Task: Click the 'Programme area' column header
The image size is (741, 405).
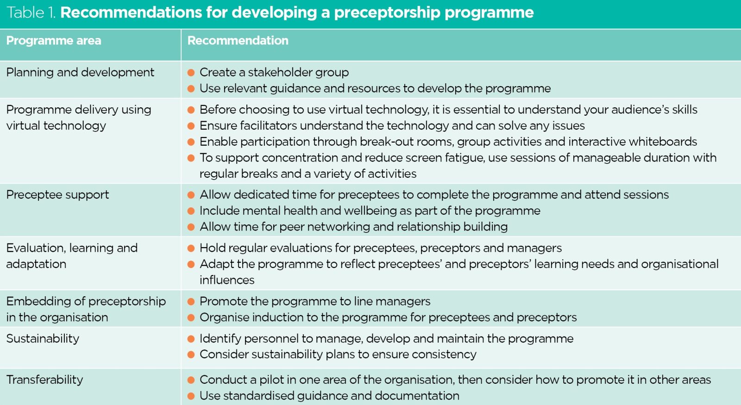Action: (x=54, y=41)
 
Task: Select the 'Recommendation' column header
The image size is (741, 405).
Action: (x=238, y=41)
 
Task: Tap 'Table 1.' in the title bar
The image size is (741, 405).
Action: (x=31, y=12)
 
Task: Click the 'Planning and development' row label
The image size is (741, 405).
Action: (x=80, y=72)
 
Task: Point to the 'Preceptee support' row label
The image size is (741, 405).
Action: (x=57, y=194)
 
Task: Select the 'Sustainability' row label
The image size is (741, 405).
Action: (x=43, y=338)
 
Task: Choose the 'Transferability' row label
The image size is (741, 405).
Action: (x=44, y=380)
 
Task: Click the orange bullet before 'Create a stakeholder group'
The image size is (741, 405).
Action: (x=191, y=73)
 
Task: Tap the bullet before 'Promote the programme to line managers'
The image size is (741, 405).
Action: (x=191, y=302)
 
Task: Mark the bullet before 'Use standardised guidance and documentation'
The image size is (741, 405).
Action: (x=191, y=396)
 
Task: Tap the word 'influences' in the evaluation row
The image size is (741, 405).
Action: (x=227, y=280)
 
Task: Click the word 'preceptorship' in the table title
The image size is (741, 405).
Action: (x=387, y=12)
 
